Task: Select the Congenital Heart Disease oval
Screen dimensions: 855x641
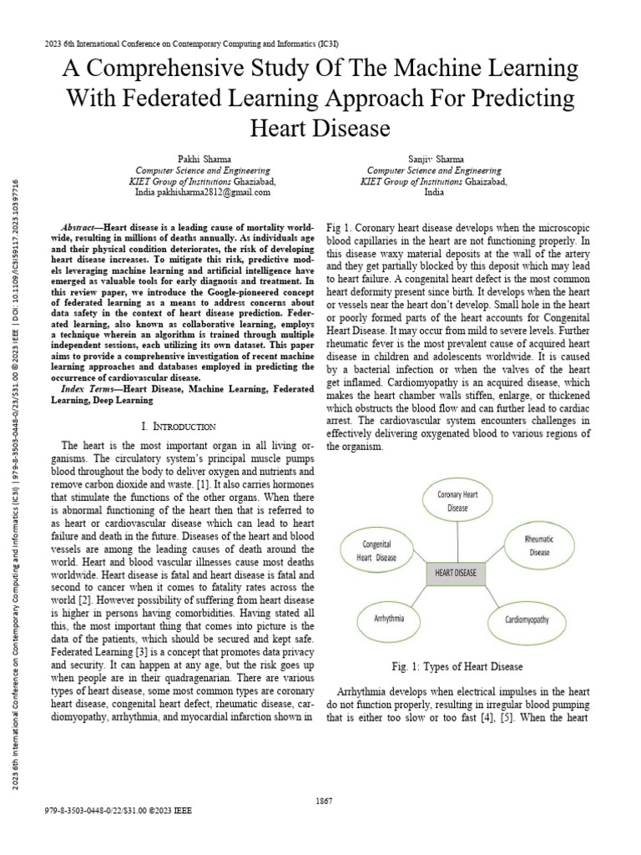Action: (x=376, y=550)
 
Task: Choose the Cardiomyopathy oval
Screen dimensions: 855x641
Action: (x=527, y=620)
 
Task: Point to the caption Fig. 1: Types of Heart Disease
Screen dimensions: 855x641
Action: (x=456, y=666)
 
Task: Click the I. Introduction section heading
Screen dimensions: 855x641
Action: (x=180, y=426)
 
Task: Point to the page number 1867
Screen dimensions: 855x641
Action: (x=325, y=802)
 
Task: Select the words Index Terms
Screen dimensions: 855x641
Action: (x=83, y=389)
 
